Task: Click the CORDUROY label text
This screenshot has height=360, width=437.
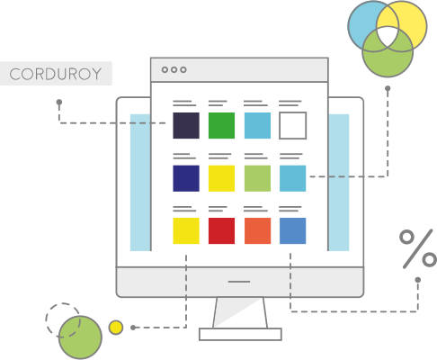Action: click(x=56, y=74)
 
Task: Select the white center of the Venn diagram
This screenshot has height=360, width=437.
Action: click(x=388, y=36)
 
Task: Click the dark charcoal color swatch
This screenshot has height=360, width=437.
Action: click(x=186, y=125)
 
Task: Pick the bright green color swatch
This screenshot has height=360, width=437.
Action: click(x=221, y=125)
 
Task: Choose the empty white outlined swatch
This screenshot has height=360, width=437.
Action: click(x=293, y=112)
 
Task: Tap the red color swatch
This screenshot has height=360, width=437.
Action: click(x=221, y=230)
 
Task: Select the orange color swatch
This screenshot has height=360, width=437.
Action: click(x=257, y=230)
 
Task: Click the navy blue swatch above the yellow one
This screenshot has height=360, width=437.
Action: click(x=186, y=178)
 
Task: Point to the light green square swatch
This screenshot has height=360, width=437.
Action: click(x=257, y=178)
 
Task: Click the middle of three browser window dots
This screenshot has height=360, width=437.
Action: click(x=174, y=69)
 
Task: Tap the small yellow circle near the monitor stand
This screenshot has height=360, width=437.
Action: click(x=116, y=328)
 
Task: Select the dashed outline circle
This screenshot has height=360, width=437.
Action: click(x=46, y=320)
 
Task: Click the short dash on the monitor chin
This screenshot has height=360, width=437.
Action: click(x=239, y=282)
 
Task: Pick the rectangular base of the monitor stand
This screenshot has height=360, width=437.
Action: click(x=240, y=334)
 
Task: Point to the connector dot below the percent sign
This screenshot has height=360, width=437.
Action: click(x=418, y=280)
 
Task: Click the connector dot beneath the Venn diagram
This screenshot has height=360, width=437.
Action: click(x=388, y=88)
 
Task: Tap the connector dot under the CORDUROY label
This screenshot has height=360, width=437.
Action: click(x=59, y=103)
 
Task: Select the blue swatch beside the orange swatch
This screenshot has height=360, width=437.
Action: click(x=293, y=230)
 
